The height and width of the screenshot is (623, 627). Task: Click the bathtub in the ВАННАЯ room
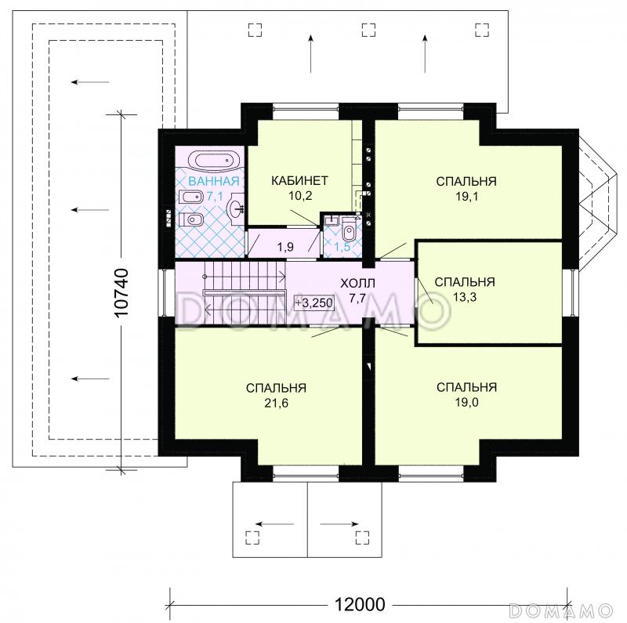213,161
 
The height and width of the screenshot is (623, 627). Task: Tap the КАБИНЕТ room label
299,181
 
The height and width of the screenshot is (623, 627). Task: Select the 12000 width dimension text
360,604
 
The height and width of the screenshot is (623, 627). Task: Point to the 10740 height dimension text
121,293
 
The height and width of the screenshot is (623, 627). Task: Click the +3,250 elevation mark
314,302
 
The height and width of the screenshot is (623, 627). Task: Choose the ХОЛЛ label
357,284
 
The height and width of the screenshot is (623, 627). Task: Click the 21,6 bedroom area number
277,403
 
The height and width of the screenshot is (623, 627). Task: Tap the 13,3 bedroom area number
465,297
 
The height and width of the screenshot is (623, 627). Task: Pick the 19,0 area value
466,402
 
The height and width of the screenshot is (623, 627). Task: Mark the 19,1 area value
466,197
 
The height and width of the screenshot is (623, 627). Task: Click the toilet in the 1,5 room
349,229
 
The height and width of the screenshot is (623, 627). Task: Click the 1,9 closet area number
285,247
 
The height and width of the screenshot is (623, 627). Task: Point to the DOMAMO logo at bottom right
560,610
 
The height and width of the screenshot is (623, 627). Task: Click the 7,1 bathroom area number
215,197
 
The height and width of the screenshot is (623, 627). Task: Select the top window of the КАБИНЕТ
306,107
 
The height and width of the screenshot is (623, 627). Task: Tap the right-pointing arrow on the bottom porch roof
339,523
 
